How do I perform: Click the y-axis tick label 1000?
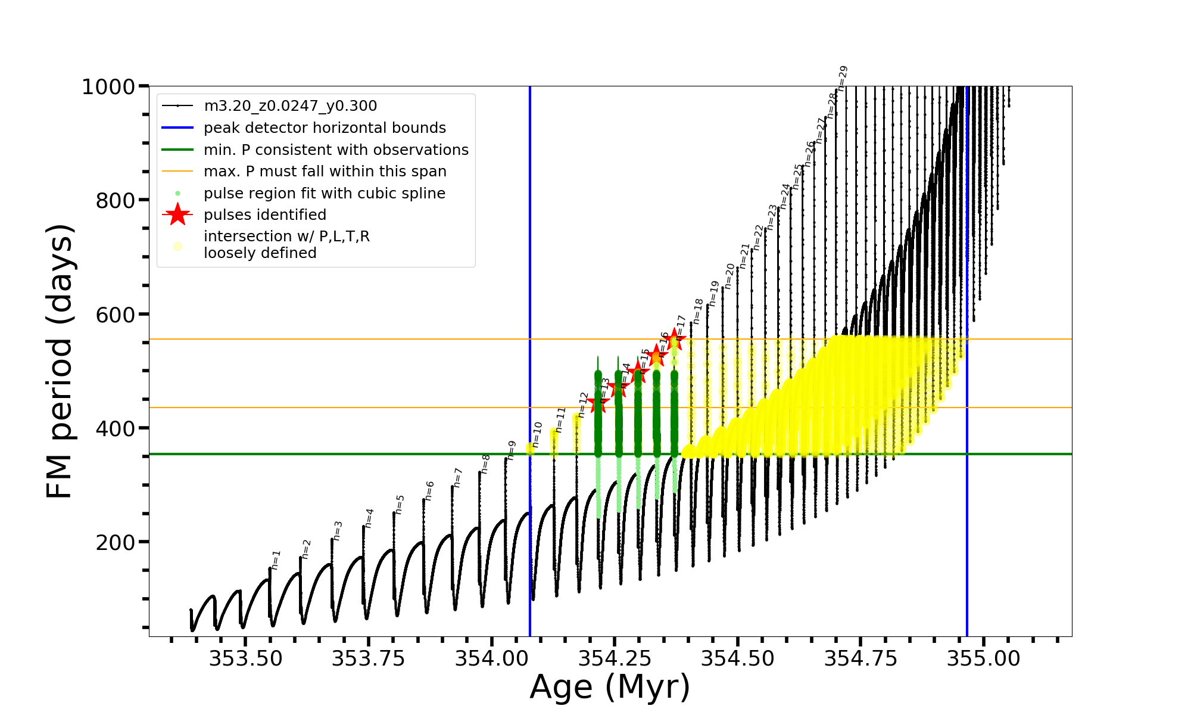coord(108,87)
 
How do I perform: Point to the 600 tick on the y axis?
coord(116,315)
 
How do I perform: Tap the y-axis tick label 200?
coord(116,543)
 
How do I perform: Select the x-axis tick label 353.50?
coord(245,658)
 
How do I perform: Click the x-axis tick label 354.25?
coord(615,658)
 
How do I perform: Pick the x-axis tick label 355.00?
coord(984,658)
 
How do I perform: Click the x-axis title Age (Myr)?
coord(610,687)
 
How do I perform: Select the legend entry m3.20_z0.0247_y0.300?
coord(290,106)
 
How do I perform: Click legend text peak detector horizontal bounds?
coord(325,128)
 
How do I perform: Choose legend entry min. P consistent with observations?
coord(336,150)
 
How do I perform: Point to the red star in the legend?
coord(177,214)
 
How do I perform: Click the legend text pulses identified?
coord(265,215)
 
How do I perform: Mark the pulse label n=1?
coord(276,559)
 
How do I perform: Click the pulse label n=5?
coord(400,504)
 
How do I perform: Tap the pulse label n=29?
coord(842,78)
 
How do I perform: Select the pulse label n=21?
coord(744,255)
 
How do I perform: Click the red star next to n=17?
coord(675,340)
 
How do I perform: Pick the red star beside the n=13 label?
coord(598,403)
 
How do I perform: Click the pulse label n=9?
coord(512,450)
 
